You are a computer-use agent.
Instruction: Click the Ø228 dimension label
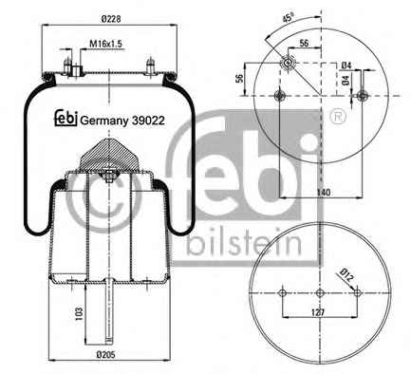(111, 19)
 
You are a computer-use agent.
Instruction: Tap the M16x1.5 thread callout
(105, 44)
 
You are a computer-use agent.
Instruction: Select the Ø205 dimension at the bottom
(105, 355)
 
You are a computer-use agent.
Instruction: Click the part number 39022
(148, 121)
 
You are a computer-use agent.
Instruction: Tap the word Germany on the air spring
(104, 122)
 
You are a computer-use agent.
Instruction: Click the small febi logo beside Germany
(66, 118)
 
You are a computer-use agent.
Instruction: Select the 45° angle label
(288, 17)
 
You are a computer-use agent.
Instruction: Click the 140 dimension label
(324, 192)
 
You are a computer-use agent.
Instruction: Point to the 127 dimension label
(318, 313)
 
